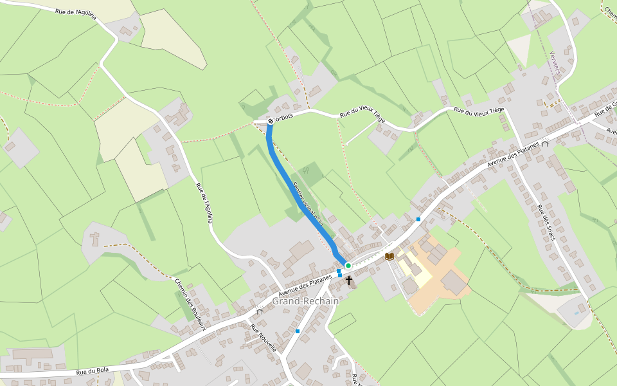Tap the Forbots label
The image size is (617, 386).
pyautogui.click(x=284, y=116)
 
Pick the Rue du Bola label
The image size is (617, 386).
pyautogui.click(x=92, y=371)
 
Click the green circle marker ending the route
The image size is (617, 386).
pyautogui.click(x=348, y=265)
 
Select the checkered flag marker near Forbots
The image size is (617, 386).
pyautogui.click(x=270, y=120)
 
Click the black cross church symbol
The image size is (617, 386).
pyautogui.click(x=349, y=280)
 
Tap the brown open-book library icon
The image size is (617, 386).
pyautogui.click(x=389, y=256)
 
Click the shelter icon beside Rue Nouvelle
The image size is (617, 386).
pyautogui.click(x=260, y=311)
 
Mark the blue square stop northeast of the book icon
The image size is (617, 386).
pyautogui.click(x=418, y=219)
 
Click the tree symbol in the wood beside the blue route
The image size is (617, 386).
pyautogui.click(x=306, y=170)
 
